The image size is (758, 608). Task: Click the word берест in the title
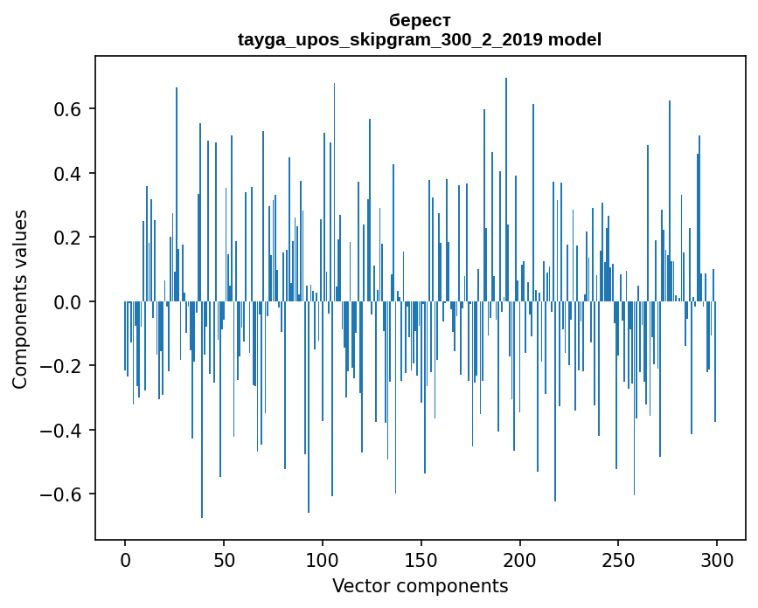pyautogui.click(x=420, y=20)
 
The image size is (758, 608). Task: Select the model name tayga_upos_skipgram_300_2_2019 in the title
pyautogui.click(x=391, y=39)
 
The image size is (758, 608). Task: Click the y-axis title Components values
pyautogui.click(x=20, y=299)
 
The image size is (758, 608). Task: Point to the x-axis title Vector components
pyautogui.click(x=420, y=585)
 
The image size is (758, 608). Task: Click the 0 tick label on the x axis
pyautogui.click(x=125, y=559)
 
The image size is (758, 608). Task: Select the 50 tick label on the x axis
pyautogui.click(x=224, y=559)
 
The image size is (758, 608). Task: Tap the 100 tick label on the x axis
pyautogui.click(x=323, y=559)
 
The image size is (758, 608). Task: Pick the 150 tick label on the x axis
pyautogui.click(x=421, y=559)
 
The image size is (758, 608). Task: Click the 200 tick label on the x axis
pyautogui.click(x=520, y=559)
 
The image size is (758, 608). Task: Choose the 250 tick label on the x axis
pyautogui.click(x=619, y=559)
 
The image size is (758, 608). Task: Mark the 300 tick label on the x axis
pyautogui.click(x=717, y=559)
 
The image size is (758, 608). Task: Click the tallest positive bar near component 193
pyautogui.click(x=505, y=175)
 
